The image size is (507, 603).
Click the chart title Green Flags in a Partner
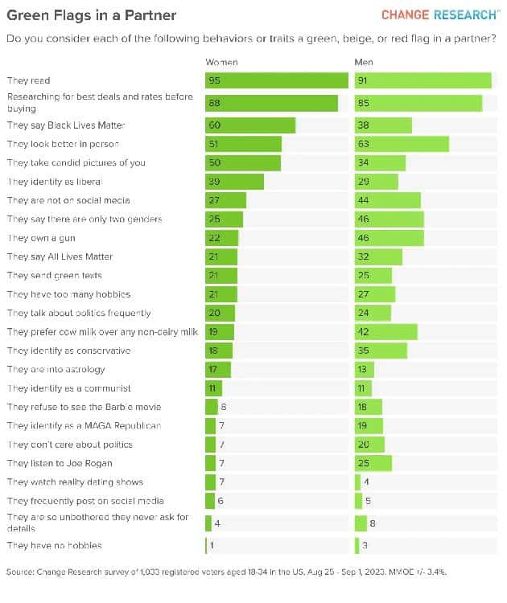tap(92, 15)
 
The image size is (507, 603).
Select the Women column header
tap(221, 62)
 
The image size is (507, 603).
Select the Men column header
tap(364, 62)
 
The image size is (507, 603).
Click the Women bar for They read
tap(276, 80)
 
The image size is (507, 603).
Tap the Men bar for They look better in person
tap(402, 144)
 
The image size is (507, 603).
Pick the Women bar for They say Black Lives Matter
tap(250, 125)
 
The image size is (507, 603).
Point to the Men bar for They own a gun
tap(389, 238)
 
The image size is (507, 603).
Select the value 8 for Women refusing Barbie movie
tap(223, 407)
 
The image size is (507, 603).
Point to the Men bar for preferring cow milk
tap(385, 332)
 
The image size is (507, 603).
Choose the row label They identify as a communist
tap(68, 388)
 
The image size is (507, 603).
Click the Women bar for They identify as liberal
tap(234, 182)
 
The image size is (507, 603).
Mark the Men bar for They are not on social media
tap(387, 200)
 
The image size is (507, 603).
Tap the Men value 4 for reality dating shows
tap(367, 482)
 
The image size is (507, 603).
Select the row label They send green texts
tap(55, 276)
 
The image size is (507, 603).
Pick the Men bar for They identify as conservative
tap(381, 351)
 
